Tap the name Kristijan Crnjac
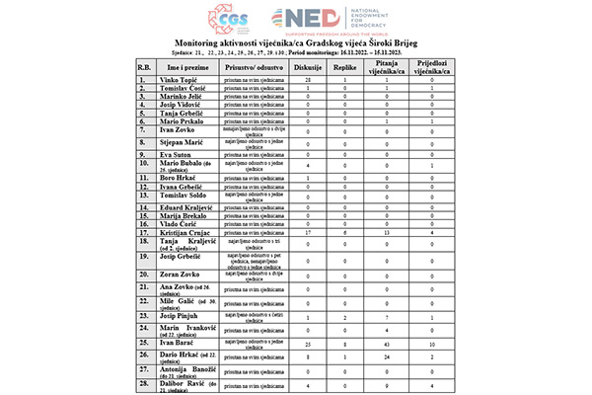[185, 231]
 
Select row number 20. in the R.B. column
[144, 276]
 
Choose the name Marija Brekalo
[183, 214]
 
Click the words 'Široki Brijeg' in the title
[399, 44]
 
